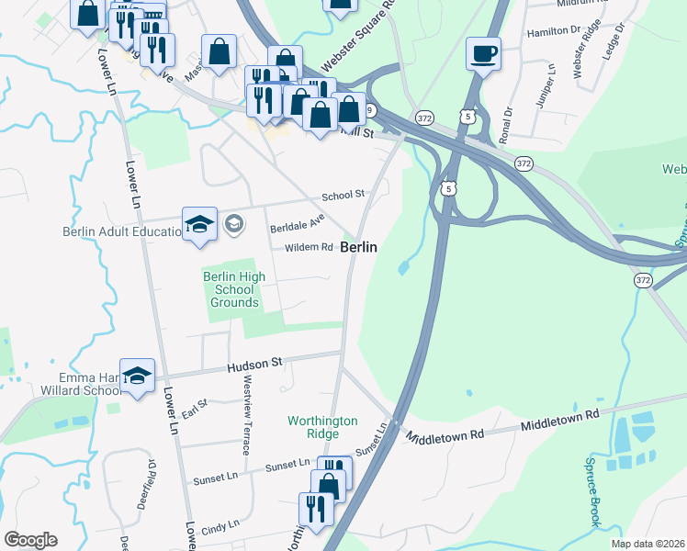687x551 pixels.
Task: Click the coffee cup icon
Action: tap(482, 52)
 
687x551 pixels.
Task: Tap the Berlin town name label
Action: tap(359, 248)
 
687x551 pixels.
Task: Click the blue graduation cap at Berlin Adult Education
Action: tap(199, 225)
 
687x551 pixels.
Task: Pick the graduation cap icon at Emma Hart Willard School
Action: tap(137, 376)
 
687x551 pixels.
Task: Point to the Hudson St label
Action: tap(254, 365)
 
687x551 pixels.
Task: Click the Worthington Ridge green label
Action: tap(322, 427)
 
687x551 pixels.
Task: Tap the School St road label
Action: tap(343, 195)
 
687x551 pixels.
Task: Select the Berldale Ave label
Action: tap(297, 223)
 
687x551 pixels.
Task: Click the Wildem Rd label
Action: tap(309, 247)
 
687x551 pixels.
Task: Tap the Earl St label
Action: tap(195, 408)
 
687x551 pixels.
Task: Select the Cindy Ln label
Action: tap(220, 524)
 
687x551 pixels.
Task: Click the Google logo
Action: tap(30, 540)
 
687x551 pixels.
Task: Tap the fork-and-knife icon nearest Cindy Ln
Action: tap(315, 509)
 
